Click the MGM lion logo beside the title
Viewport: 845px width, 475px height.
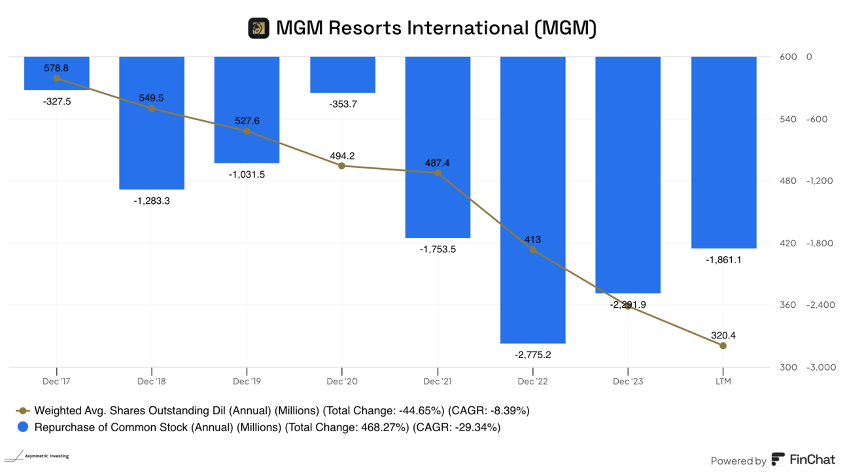click(259, 28)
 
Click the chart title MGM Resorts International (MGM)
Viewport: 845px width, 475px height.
click(436, 28)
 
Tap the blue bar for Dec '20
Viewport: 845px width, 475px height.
click(342, 74)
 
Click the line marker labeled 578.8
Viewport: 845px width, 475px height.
click(57, 78)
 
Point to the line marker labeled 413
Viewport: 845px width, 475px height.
click(532, 250)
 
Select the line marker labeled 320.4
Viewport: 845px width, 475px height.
click(723, 346)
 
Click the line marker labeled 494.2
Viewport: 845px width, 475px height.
click(342, 166)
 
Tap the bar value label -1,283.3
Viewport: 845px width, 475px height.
click(152, 201)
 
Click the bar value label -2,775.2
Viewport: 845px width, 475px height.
click(532, 355)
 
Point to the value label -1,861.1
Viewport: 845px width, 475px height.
click(723, 260)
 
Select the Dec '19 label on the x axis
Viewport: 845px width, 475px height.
click(247, 381)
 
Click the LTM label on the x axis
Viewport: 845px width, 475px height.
click(723, 381)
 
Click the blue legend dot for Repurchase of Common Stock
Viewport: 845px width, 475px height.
click(24, 427)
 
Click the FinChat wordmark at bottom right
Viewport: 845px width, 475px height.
click(812, 460)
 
